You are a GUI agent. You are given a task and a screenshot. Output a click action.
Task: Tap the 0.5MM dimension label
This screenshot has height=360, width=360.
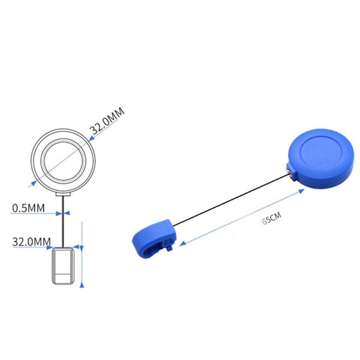pyautogui.click(x=28, y=208)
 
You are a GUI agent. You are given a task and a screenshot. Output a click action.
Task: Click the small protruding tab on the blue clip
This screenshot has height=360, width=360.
pyautogui.click(x=170, y=242)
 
